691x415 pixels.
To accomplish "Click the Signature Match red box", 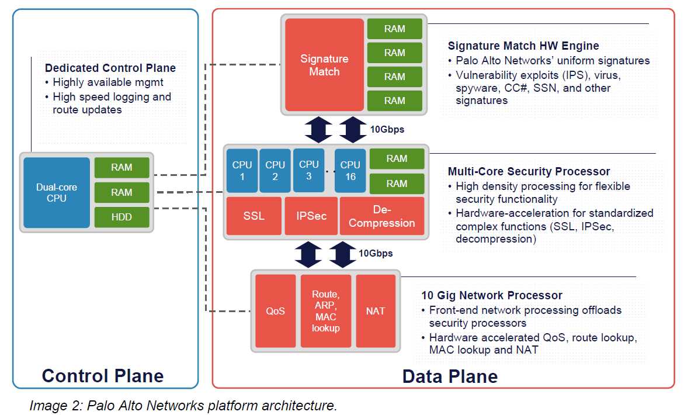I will point(324,65).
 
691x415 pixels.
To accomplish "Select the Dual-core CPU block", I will point(57,193).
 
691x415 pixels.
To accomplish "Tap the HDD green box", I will point(121,217).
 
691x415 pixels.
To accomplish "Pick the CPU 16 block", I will point(350,171).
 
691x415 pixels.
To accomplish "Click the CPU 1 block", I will point(242,171).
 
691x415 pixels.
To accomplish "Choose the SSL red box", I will point(254,216).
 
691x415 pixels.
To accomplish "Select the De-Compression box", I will point(381,216).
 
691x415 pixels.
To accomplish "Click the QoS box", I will point(275,311).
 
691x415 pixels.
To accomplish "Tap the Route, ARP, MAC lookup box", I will point(325,311).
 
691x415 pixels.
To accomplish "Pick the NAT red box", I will point(376,311).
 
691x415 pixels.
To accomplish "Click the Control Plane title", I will point(103,375).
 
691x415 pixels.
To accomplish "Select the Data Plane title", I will point(450,376).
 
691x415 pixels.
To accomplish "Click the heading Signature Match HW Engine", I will point(523,46).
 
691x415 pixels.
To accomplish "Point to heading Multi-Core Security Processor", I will point(529,171).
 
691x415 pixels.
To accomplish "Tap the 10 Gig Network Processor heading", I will point(492,295).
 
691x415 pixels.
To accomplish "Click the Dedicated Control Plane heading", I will point(110,68).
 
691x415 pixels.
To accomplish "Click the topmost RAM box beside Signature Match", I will point(394,29).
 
